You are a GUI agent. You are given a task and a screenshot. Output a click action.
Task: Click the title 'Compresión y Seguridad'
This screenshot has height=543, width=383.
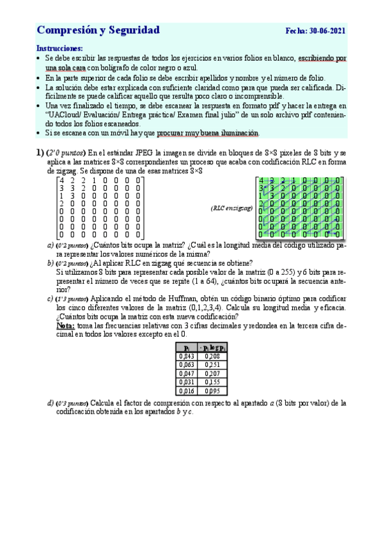tap(98, 30)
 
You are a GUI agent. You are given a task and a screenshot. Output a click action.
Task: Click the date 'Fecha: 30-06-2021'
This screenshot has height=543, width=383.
tap(316, 31)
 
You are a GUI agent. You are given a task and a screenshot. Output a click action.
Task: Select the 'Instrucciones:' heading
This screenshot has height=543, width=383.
tap(60, 48)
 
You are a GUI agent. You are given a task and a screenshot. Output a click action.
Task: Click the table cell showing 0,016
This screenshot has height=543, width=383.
tap(187, 390)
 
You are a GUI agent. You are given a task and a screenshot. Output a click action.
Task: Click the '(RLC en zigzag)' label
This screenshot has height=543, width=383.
tap(231, 208)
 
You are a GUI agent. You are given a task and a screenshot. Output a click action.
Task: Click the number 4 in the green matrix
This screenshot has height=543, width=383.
tap(261, 180)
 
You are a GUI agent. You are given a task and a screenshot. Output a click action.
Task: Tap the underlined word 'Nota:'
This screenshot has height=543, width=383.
tap(66, 326)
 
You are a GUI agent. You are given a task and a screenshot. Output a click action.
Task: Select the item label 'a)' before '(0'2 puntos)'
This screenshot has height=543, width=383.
tap(51, 245)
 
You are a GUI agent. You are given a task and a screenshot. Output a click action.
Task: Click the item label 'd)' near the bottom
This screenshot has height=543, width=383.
tap(51, 403)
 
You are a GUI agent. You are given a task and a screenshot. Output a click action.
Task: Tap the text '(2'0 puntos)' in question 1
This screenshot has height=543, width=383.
tap(66, 153)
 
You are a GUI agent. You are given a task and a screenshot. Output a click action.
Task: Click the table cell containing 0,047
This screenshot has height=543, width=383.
tap(187, 373)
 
